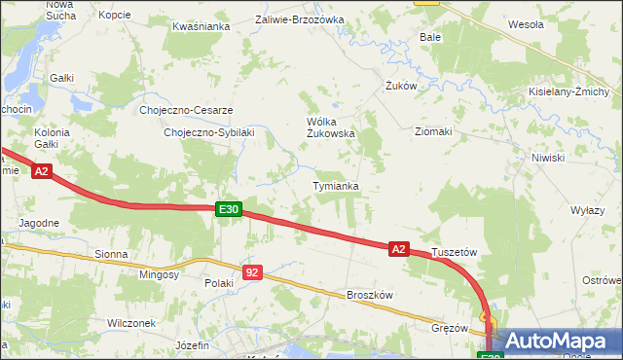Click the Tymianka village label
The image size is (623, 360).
(x=336, y=186)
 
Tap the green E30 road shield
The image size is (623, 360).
(x=228, y=208)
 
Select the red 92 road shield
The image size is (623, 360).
(x=252, y=272)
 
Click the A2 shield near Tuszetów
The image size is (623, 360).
(x=398, y=249)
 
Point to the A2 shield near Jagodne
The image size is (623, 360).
(x=41, y=171)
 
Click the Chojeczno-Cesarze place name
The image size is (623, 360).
(x=186, y=110)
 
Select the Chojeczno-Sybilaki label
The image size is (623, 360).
(x=209, y=132)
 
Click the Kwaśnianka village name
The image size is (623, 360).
(x=201, y=26)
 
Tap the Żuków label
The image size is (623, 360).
(x=401, y=86)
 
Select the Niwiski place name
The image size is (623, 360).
(x=548, y=157)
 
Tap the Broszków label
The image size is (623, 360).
(x=369, y=295)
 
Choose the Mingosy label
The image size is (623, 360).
(x=160, y=275)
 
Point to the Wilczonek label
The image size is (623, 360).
(x=132, y=322)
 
